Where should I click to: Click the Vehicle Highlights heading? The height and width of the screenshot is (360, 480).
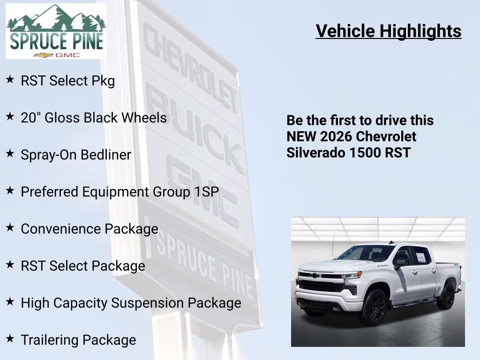(x=389, y=31)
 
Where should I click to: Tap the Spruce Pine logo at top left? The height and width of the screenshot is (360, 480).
(x=56, y=31)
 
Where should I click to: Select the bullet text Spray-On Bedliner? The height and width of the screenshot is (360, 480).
(x=76, y=155)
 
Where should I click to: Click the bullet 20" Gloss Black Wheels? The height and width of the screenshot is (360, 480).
(x=94, y=117)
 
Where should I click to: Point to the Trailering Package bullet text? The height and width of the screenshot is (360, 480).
(x=78, y=340)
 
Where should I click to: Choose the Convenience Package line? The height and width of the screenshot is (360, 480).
(x=90, y=229)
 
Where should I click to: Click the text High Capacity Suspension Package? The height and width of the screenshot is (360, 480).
(x=131, y=303)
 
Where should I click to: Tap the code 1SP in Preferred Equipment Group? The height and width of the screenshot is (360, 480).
(x=207, y=192)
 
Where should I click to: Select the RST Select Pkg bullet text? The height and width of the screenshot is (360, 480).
(x=68, y=81)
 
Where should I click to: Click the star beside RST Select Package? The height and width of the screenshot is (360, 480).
(x=10, y=265)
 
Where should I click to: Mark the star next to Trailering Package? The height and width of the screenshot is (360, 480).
(x=10, y=339)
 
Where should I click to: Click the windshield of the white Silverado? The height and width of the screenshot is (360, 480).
(x=366, y=254)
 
